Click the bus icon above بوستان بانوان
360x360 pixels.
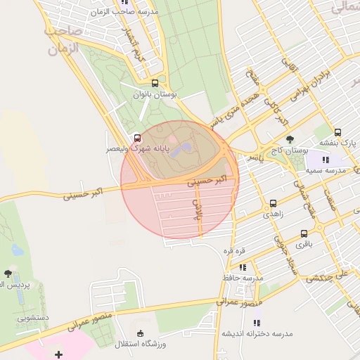(154, 82)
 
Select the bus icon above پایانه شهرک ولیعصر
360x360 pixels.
(136, 138)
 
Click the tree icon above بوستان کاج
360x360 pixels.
(290, 140)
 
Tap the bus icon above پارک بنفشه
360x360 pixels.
(337, 131)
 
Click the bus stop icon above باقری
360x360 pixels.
(304, 233)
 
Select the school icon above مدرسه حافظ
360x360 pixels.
(243, 267)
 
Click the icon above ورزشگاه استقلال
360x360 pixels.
(140, 333)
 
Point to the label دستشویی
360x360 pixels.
(33, 319)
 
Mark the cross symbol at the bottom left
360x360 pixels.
(58, 354)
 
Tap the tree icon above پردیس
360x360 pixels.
(8, 273)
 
